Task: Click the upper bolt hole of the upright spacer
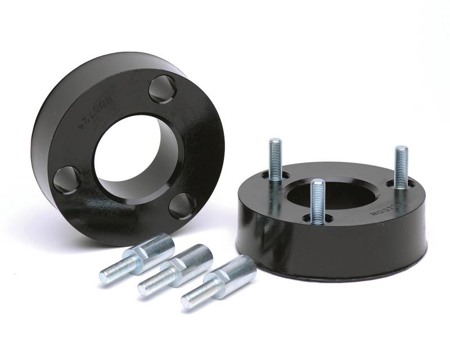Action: (164, 89)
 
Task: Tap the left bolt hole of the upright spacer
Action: (67, 179)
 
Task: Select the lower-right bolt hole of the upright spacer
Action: (183, 205)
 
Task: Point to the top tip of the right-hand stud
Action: (401, 148)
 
